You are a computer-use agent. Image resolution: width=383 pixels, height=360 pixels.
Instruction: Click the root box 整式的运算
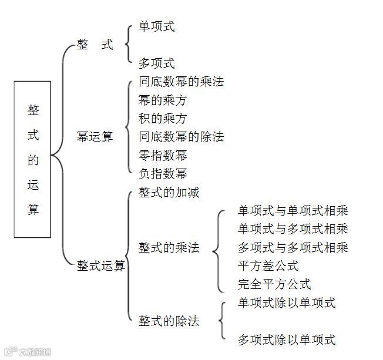coord(33,159)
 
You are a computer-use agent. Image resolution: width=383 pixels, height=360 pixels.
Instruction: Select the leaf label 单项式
coord(156,26)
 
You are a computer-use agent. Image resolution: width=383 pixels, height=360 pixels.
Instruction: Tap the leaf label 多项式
coord(156,63)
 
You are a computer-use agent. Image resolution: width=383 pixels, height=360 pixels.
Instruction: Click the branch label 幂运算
coord(95,137)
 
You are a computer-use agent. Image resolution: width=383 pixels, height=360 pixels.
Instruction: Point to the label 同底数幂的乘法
coord(181,81)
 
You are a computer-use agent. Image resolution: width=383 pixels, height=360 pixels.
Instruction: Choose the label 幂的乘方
coord(163,100)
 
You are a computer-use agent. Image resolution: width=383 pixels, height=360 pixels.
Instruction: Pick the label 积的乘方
coord(163,119)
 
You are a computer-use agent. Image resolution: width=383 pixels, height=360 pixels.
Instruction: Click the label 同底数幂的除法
coord(181,137)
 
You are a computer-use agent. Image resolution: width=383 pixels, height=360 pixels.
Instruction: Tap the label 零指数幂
coord(163,156)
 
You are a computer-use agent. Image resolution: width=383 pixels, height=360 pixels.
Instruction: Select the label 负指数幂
coord(163,174)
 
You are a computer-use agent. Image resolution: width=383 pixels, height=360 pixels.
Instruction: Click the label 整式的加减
coord(169,193)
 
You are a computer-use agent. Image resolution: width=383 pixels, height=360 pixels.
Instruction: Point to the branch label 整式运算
coord(101,266)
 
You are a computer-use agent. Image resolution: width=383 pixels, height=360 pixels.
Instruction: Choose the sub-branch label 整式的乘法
coord(169,248)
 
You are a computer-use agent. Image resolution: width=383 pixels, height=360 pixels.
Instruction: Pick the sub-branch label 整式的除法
coord(169,321)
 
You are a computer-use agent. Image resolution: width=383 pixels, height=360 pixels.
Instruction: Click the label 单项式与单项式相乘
coord(293,211)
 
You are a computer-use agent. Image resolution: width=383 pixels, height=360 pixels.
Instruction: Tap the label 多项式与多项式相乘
coord(293,247)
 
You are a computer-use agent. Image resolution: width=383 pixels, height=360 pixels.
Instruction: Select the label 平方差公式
coord(268,266)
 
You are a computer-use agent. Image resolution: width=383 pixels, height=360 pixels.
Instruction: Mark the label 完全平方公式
coord(274,285)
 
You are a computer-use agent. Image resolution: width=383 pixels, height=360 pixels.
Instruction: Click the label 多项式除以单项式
coord(287,339)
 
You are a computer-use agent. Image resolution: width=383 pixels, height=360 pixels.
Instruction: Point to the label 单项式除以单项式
coord(287,303)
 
